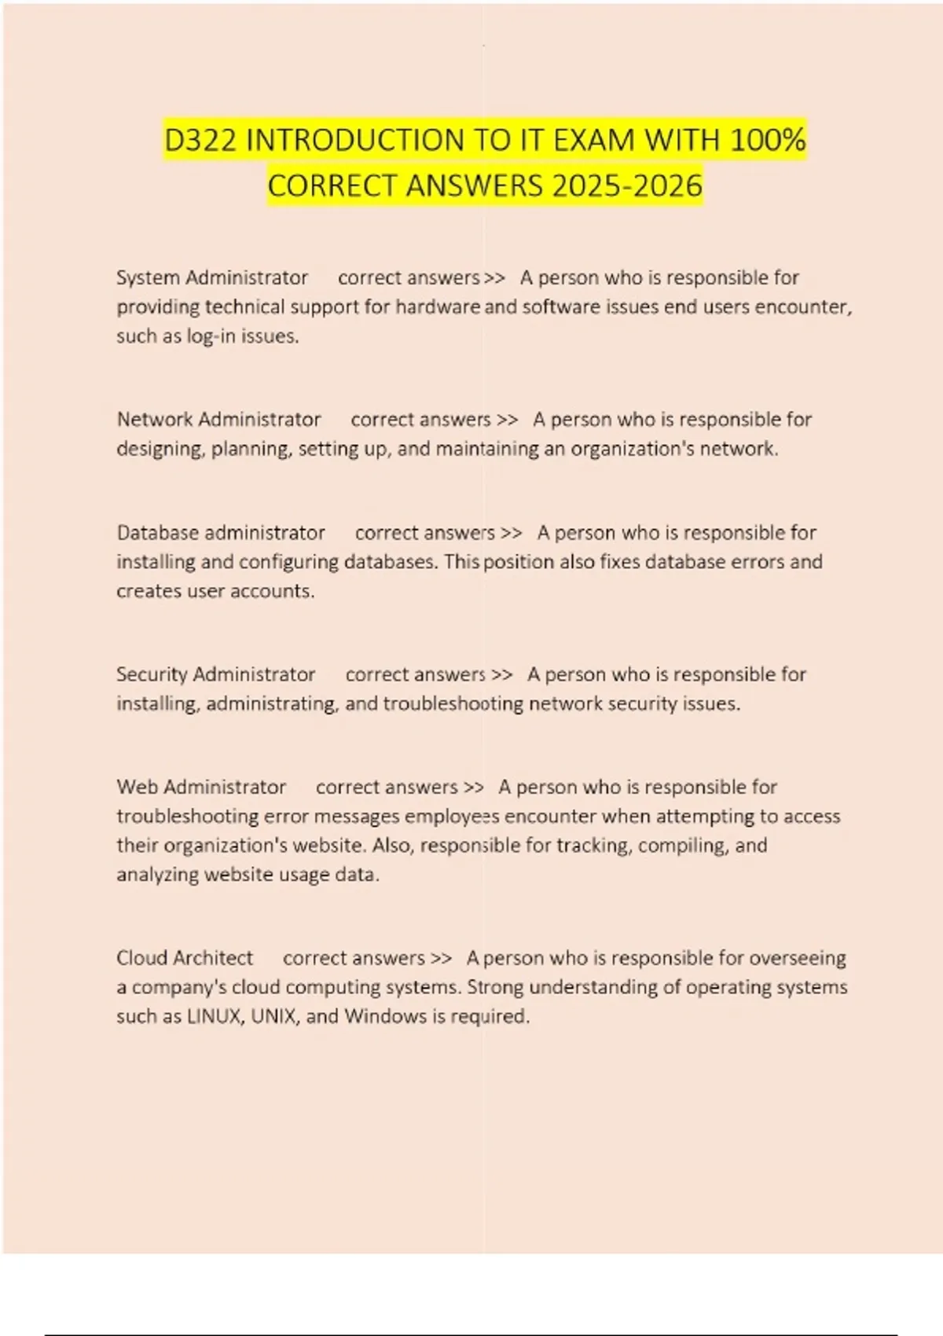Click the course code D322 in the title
click(201, 141)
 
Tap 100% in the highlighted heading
click(767, 141)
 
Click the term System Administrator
click(212, 277)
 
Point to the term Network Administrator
click(218, 419)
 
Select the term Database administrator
click(221, 533)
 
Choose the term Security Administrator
click(215, 674)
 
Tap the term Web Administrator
click(201, 787)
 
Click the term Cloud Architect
click(185, 958)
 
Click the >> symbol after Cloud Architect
click(442, 959)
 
